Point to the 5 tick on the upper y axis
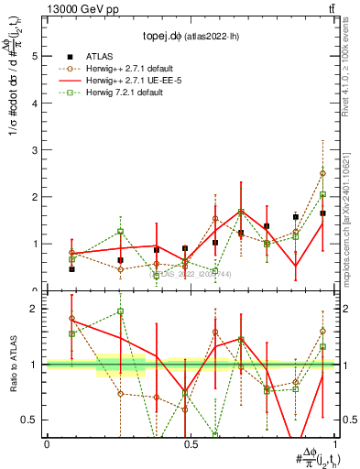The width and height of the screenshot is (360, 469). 36,56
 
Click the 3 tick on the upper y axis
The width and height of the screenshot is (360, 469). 36,150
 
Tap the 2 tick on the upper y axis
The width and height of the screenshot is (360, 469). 36,197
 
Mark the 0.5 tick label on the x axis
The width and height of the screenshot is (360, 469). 189,444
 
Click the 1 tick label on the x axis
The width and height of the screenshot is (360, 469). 333,444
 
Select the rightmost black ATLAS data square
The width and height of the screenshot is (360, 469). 323,213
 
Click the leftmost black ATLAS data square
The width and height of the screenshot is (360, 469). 71,268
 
